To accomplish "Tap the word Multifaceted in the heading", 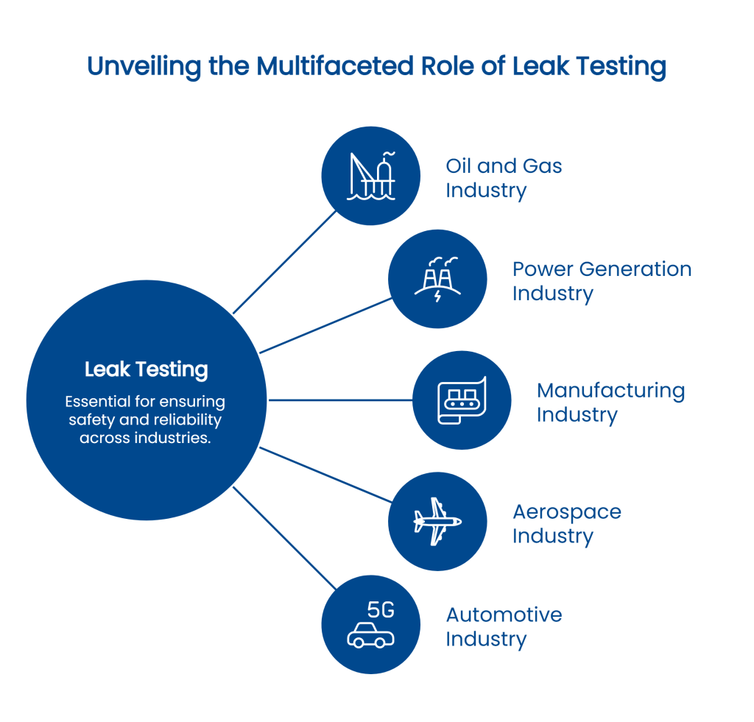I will (335, 68).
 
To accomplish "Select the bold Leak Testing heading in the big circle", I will (146, 369).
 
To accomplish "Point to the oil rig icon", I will (371, 175).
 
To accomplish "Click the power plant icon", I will (437, 278).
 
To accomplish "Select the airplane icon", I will (437, 521).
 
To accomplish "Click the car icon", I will (370, 634).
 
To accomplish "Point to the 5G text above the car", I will (381, 609).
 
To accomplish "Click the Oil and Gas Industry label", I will (504, 178).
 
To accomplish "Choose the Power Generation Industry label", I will (602, 281).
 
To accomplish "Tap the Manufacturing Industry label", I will (610, 403).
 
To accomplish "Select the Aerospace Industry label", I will (566, 524).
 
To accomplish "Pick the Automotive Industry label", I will (504, 627).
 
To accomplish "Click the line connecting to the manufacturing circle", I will (340, 400).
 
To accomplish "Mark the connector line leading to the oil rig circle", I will (286, 261).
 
